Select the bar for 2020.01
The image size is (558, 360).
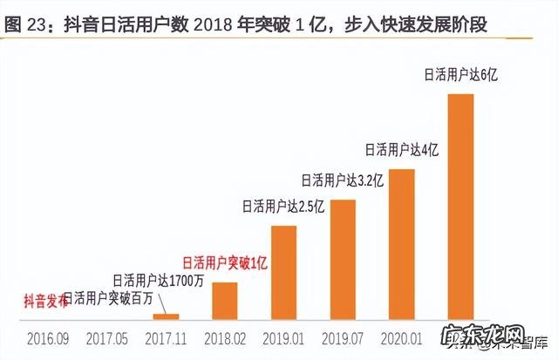401,244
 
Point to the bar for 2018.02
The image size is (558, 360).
225,301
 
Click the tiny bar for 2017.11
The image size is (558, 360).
172,316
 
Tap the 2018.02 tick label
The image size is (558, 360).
224,336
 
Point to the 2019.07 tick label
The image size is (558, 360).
343,336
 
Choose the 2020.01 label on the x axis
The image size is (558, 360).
401,336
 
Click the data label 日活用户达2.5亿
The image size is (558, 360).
283,207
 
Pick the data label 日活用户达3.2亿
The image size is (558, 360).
342,181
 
